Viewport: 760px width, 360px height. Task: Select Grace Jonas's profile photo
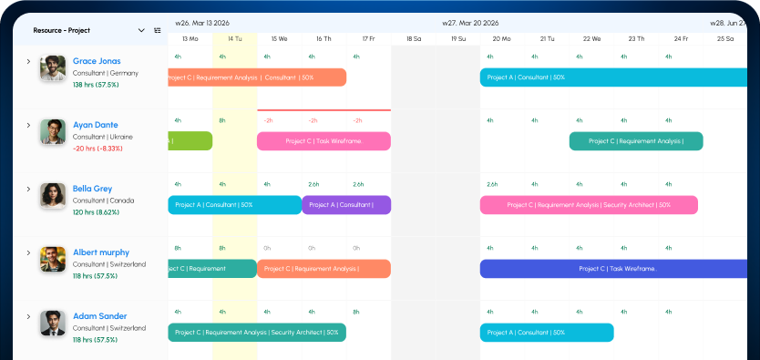click(x=52, y=68)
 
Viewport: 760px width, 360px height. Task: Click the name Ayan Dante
click(x=96, y=125)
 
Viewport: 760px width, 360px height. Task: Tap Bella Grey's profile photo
click(x=52, y=195)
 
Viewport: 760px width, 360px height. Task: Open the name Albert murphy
click(x=101, y=252)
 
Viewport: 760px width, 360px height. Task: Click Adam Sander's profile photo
click(x=52, y=323)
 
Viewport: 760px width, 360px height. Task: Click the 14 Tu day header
click(x=235, y=39)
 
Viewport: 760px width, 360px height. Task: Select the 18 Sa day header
click(x=413, y=39)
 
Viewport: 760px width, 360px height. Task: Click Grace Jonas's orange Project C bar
click(x=257, y=77)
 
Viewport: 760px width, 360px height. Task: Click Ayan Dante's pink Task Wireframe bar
click(x=324, y=141)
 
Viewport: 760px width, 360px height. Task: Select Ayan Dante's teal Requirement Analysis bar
click(x=635, y=141)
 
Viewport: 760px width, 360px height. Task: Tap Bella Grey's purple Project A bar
click(x=346, y=205)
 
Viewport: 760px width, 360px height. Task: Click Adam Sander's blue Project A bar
click(x=547, y=333)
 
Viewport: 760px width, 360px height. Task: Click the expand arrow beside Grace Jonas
click(x=28, y=62)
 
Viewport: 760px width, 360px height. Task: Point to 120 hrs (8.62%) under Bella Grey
click(x=96, y=212)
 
